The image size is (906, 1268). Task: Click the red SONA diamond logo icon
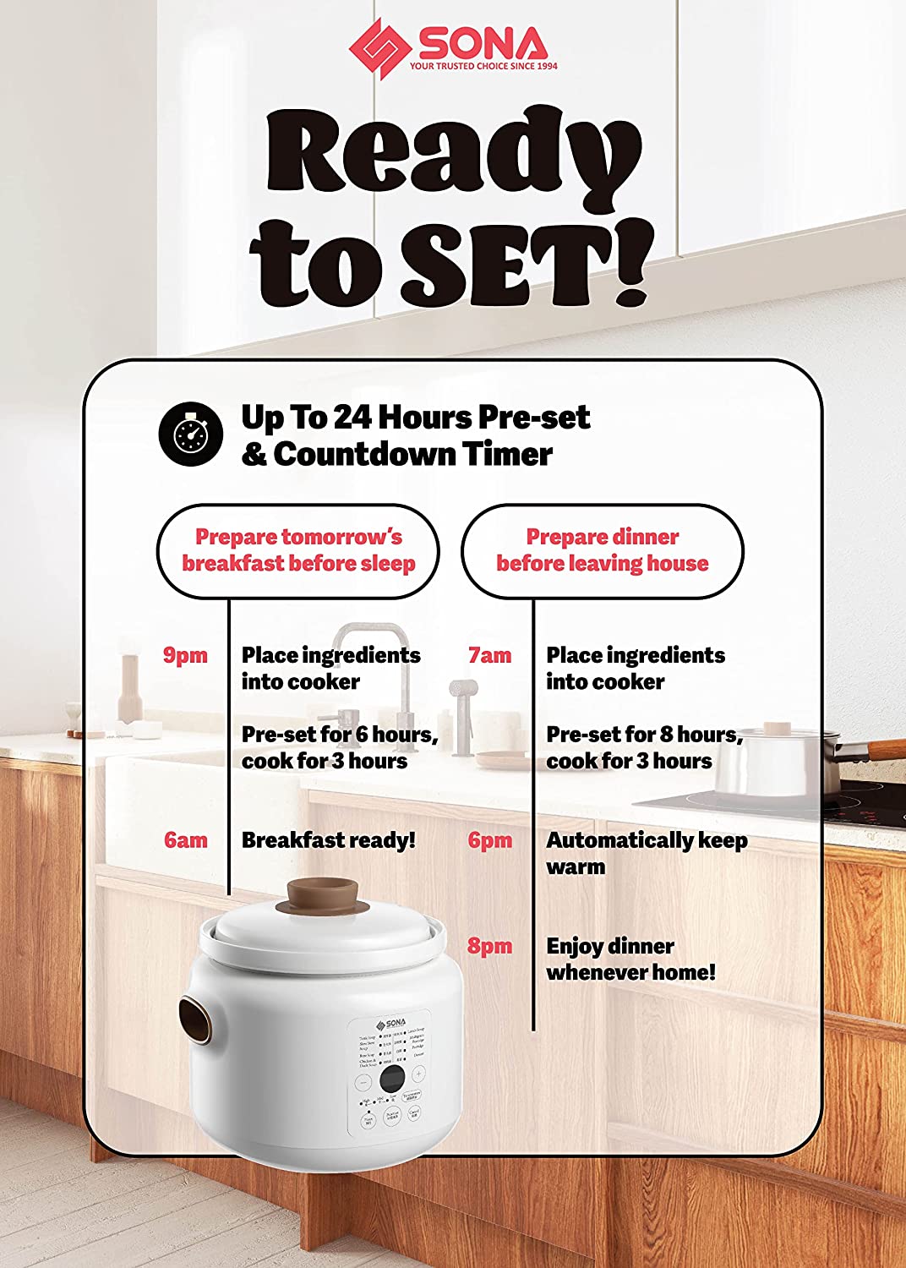pos(379,49)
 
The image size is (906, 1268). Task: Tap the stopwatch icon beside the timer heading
pos(191,435)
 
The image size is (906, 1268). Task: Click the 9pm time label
pos(185,656)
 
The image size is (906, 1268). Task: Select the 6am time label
pos(185,840)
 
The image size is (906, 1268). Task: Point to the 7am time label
pos(490,656)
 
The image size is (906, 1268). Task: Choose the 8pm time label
pos(490,946)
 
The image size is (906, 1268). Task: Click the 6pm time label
pos(490,840)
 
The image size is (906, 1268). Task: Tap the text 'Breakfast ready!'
pos(329,840)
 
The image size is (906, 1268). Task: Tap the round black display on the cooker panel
pos(391,1079)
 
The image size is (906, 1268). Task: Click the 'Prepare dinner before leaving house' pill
pos(602,551)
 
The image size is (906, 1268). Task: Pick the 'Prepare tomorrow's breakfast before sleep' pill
pos(298,551)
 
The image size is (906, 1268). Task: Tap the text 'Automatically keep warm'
pos(647,853)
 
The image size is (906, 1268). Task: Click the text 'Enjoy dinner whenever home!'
pos(630,959)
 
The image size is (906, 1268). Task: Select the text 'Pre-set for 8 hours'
pos(644,735)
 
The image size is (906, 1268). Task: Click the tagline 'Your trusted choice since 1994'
pos(483,65)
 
